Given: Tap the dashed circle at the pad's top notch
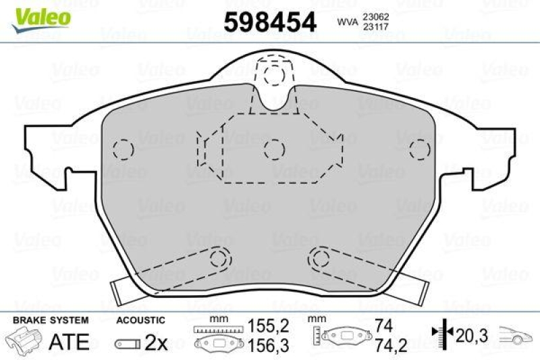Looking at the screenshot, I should point(273,74).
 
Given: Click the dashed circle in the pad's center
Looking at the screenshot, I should point(273,149).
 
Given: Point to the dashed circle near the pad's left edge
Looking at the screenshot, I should point(122,149).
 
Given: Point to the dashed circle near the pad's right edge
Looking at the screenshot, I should point(420,149).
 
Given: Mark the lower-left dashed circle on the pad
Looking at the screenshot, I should point(220,257).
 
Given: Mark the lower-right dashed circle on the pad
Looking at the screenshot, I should point(319,257).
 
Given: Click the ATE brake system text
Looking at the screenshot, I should point(70,341).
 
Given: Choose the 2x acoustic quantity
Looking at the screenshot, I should point(156,343).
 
